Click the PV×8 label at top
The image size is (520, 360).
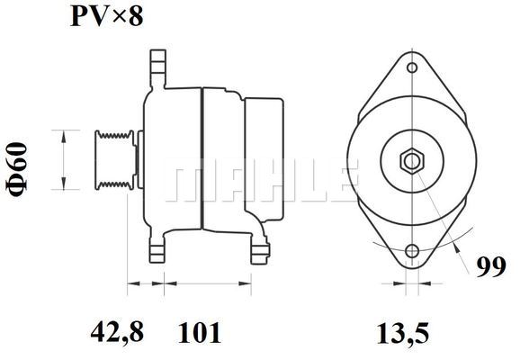tap(107, 16)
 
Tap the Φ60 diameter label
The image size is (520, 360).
tap(17, 169)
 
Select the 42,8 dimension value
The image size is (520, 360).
tap(117, 332)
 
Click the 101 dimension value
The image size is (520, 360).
tap(200, 332)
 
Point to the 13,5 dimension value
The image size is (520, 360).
tap(403, 333)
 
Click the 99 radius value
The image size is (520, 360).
tap(491, 266)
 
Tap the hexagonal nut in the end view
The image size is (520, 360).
tap(412, 162)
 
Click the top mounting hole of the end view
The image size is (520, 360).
tap(412, 67)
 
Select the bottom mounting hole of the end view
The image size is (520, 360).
tap(412, 251)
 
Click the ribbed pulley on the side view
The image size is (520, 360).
tap(115, 160)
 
